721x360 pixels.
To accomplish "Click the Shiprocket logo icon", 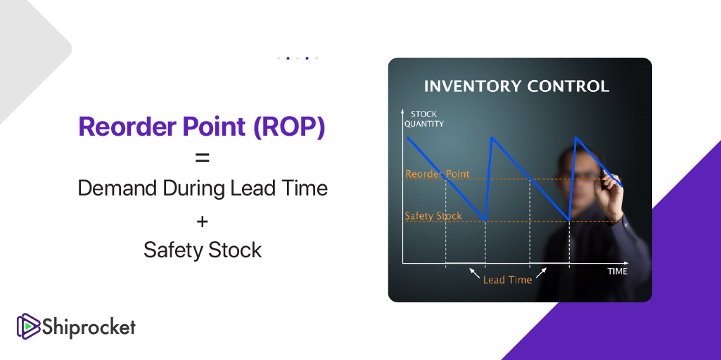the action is point(29,326).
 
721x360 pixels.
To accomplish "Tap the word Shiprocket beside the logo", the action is point(89,327).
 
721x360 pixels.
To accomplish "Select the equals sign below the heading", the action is point(203,158).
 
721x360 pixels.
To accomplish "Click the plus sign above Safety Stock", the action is point(203,221).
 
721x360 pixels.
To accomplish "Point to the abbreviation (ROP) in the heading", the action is point(289,126).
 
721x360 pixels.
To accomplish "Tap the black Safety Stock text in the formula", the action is point(203,250).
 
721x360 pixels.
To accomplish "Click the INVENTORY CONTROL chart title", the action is point(516,86).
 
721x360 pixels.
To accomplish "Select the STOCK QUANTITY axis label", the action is point(423,119).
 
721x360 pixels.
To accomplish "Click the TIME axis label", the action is point(617,271).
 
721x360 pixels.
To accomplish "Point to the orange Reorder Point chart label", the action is point(438,174).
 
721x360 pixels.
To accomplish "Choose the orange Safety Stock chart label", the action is point(433,216).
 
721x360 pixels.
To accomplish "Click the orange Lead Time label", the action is point(507,280).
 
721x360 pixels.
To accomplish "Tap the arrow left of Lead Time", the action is point(474,273).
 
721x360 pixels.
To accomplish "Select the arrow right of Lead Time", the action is point(542,272).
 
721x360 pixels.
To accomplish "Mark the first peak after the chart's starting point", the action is point(492,137).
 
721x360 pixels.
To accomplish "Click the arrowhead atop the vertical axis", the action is point(403,112).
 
